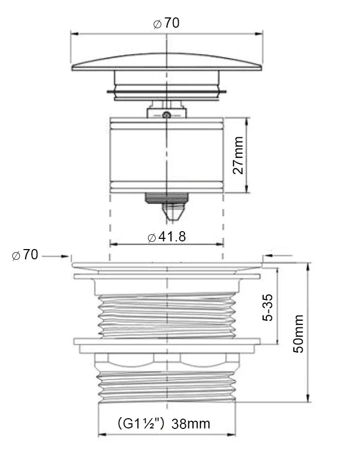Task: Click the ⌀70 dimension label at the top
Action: [166, 23]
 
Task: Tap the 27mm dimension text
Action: [238, 155]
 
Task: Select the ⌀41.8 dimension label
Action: [167, 237]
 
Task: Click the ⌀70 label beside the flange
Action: [25, 255]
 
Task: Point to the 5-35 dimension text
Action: [267, 307]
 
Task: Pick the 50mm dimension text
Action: [299, 333]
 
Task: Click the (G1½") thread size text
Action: [141, 423]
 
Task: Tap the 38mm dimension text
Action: [191, 424]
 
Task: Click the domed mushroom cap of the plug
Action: [167, 63]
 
